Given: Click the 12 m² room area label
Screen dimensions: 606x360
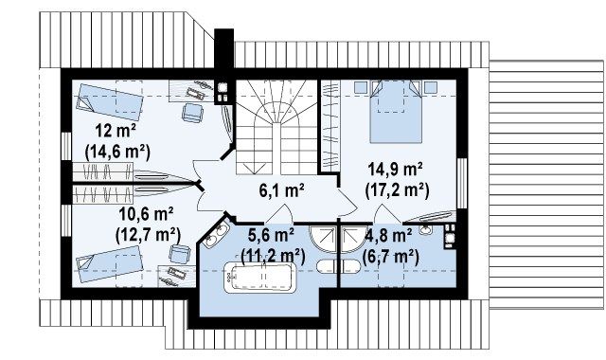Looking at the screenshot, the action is point(116,131).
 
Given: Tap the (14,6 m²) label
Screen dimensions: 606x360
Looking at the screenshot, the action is point(117,152).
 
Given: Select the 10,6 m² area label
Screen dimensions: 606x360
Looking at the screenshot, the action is point(145,214).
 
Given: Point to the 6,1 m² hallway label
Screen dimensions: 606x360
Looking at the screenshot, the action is point(281,190).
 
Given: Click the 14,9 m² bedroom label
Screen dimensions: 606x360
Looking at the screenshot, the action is point(395,170).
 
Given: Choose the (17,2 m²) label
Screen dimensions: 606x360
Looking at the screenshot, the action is point(397,190).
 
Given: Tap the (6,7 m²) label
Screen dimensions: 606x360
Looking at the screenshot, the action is point(390,256).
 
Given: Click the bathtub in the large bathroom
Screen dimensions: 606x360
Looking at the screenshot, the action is point(260,277).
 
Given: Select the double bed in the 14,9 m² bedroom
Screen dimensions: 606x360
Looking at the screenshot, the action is point(396,112).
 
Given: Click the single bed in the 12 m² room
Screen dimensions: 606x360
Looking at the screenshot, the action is point(110,101).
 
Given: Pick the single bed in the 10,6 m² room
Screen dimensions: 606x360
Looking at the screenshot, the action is point(110,264).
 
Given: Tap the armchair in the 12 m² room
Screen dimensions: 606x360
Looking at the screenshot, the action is point(192,113).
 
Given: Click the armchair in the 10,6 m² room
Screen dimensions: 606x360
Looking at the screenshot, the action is point(180,254).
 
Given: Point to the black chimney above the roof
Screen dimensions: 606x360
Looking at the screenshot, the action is point(223,49).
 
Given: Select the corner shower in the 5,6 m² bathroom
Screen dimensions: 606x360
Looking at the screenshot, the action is point(323,240).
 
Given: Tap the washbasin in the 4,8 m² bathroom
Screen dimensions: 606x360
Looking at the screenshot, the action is point(426,229).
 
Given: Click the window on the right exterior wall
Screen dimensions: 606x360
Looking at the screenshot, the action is point(461,183).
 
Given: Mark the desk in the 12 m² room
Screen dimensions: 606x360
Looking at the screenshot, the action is point(191,91).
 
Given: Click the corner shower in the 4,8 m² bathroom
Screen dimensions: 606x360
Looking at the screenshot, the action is point(353,240).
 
